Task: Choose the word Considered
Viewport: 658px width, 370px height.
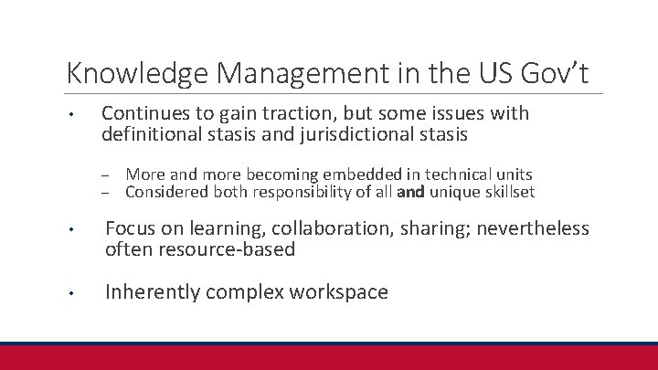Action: coord(165,192)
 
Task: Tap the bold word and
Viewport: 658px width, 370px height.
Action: coord(411,192)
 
